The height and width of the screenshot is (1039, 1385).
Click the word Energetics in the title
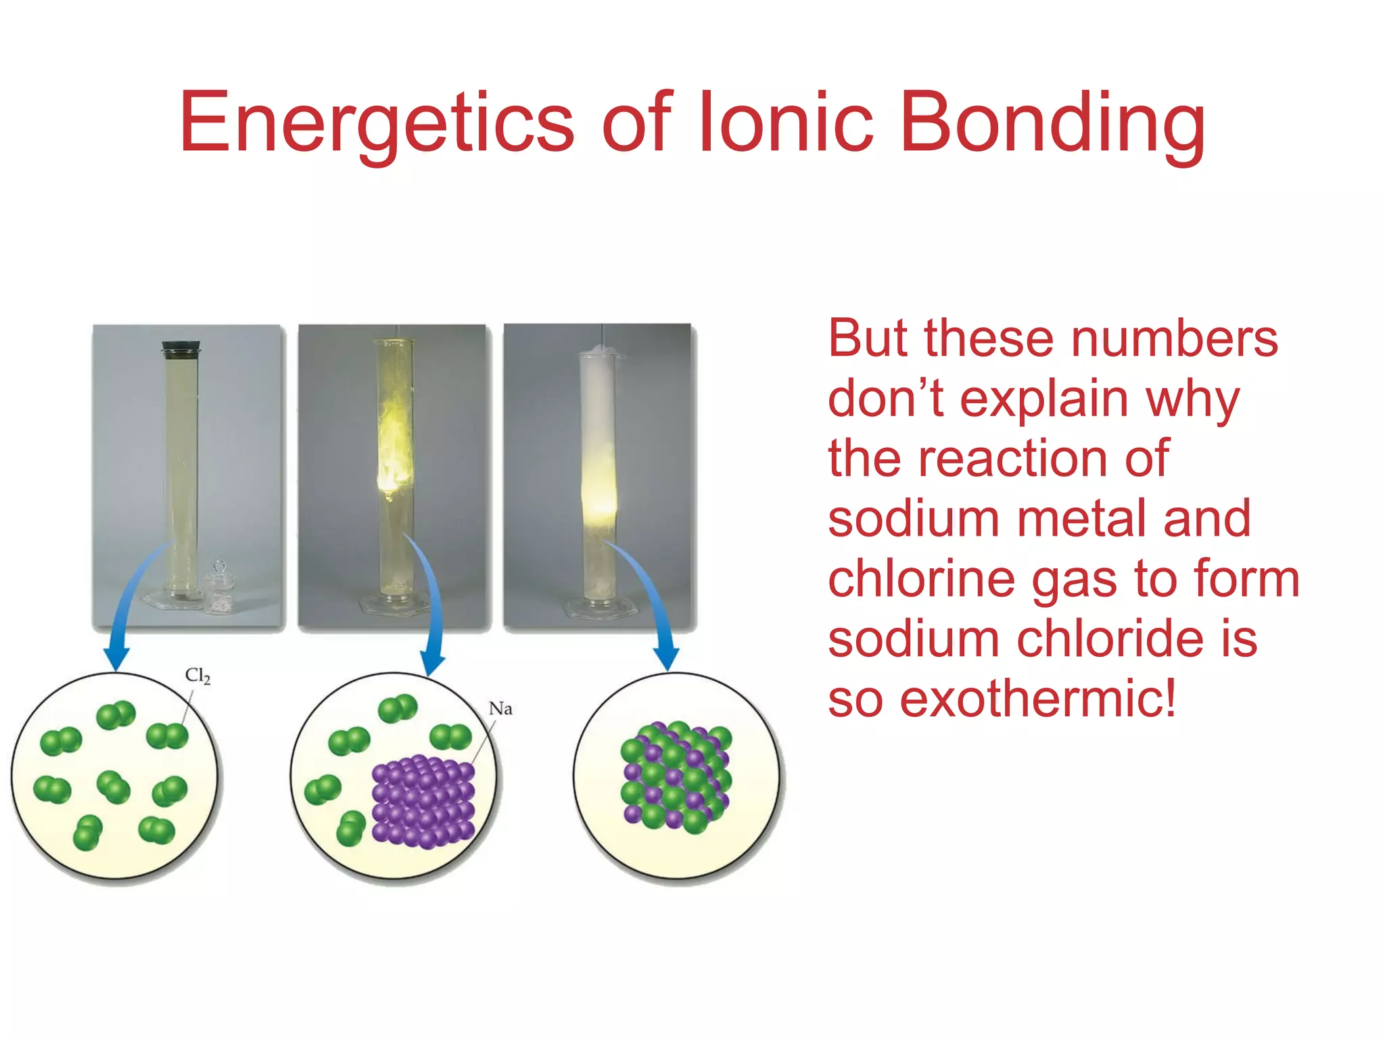pyautogui.click(x=376, y=124)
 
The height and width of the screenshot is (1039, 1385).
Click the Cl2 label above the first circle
pyautogui.click(x=197, y=675)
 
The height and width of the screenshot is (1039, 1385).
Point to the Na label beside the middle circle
pyautogui.click(x=500, y=709)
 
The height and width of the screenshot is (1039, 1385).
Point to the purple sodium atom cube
pyautogui.click(x=423, y=801)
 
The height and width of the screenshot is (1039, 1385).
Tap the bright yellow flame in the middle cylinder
pyautogui.click(x=393, y=453)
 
